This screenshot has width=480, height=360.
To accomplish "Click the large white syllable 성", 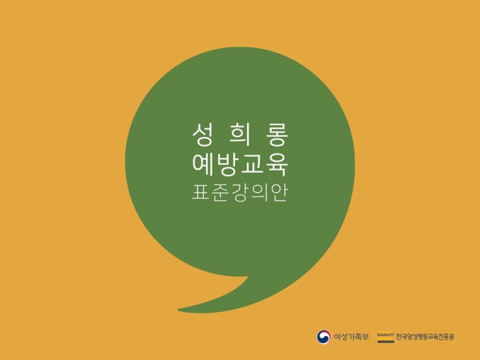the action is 202,134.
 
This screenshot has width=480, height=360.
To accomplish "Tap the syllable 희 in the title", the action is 240,134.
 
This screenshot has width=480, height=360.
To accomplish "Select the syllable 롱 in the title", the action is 278,134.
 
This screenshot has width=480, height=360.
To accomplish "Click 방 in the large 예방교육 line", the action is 228,164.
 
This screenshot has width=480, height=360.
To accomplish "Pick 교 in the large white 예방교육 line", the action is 253,164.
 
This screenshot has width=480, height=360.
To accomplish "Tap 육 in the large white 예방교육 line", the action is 277,164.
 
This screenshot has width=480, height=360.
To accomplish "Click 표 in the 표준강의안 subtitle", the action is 200,193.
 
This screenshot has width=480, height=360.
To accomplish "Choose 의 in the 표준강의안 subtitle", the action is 259,193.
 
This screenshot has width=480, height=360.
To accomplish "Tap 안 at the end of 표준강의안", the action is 278,193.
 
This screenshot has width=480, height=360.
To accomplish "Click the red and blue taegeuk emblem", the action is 323,337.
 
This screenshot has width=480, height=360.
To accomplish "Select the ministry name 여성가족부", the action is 351,337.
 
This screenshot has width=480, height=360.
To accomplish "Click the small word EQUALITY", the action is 385,335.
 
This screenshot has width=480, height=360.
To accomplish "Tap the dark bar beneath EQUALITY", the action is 385,342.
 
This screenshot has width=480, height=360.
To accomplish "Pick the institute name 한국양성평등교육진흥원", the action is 425,337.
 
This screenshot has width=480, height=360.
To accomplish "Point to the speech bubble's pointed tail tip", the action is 178,310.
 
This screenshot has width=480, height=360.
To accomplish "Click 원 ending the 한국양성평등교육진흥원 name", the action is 451,337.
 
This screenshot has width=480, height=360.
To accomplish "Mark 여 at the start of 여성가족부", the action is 337,337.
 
